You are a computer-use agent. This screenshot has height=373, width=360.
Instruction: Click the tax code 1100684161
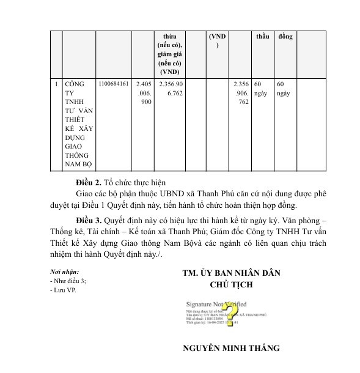point(113,84)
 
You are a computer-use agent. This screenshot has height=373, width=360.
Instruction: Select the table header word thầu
point(263,37)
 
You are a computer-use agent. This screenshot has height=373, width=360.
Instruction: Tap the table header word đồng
point(285,37)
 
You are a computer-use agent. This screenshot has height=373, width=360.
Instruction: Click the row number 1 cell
point(56,84)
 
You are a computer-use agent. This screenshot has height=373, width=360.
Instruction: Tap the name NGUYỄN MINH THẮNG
point(231,349)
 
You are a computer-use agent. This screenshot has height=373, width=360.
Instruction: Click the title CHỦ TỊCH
point(230,284)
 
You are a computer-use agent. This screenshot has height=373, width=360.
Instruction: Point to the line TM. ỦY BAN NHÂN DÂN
point(231,273)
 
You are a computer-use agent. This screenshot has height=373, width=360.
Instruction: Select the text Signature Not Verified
point(217,303)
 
